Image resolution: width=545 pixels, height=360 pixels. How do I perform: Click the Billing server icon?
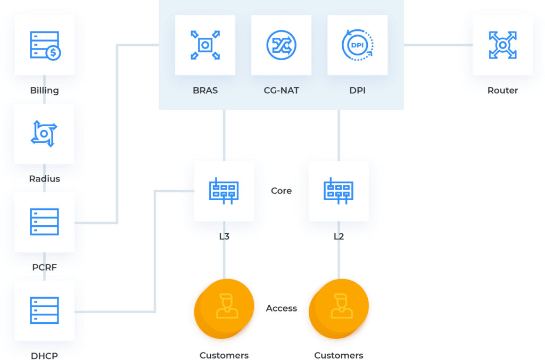coord(45,45)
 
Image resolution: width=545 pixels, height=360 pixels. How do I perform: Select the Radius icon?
coord(44,133)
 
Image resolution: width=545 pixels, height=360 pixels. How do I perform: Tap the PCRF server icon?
coord(44,222)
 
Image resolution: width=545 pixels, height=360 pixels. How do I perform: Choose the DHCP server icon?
coord(44,311)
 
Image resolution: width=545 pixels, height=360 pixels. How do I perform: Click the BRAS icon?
coord(205,45)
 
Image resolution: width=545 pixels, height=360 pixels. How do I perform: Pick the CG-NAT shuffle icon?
coord(281,45)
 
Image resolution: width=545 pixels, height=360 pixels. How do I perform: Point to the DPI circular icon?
coord(357,45)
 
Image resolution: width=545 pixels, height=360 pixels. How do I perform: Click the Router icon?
coord(503,45)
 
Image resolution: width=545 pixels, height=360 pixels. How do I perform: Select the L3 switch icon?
coord(224,191)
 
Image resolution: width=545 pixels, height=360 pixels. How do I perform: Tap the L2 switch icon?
coord(338,191)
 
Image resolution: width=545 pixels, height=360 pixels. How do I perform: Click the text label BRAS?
coord(205,91)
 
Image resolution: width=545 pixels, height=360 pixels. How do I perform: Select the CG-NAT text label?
coord(281,91)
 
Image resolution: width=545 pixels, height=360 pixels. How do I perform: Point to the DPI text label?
coord(357,91)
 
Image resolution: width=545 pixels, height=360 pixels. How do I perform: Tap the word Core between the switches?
coord(281,191)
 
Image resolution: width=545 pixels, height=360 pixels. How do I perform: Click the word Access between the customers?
coord(281,308)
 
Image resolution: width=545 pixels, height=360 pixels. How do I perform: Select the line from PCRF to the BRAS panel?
coord(118,133)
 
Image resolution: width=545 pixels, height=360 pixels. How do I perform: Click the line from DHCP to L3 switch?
coord(155,250)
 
